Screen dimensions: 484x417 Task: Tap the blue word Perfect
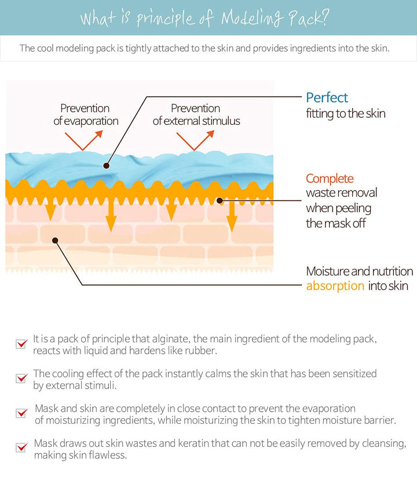pyautogui.click(x=327, y=98)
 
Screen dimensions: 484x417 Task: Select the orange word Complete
pyautogui.click(x=330, y=179)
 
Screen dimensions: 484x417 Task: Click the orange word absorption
pyautogui.click(x=335, y=286)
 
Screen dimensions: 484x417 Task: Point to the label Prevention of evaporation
pyautogui.click(x=85, y=114)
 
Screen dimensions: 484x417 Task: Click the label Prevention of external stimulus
pyautogui.click(x=196, y=114)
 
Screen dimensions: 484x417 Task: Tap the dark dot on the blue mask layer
pyautogui.click(x=106, y=165)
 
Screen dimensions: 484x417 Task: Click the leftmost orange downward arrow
pyautogui.click(x=51, y=212)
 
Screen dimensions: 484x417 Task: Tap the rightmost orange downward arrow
pyautogui.click(x=232, y=217)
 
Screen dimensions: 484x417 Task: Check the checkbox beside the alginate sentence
pyautogui.click(x=21, y=344)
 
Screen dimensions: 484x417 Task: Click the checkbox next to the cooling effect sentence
pyautogui.click(x=21, y=379)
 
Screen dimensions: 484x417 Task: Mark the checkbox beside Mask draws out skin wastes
pyautogui.click(x=21, y=448)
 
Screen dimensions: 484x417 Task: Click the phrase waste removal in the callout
pyautogui.click(x=341, y=193)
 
